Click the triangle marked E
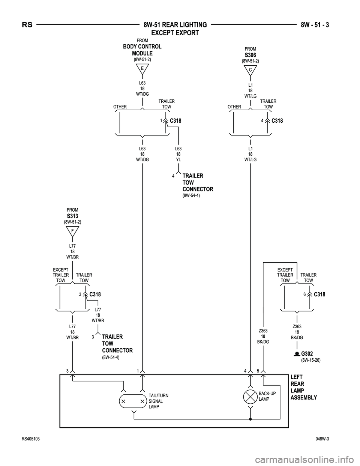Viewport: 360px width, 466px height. tap(142, 69)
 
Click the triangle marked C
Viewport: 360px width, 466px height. tap(250, 70)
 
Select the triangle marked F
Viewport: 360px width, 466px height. tap(72, 231)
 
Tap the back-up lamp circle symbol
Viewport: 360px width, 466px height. tap(250, 396)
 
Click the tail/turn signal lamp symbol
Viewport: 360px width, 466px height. tap(132, 401)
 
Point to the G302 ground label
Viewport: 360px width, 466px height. tap(307, 353)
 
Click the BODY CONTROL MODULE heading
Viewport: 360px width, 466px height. tap(142, 50)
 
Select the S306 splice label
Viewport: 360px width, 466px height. tap(250, 55)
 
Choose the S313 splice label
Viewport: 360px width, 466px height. tap(72, 216)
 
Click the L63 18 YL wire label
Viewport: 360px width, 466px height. tap(178, 154)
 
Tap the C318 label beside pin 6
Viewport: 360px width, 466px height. tap(319, 295)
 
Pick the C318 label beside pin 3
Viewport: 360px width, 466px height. tap(95, 295)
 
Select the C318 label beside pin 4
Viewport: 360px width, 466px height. tap(277, 121)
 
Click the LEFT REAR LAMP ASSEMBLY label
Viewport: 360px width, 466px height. tap(303, 387)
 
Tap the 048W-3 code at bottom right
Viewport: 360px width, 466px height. tap(325, 439)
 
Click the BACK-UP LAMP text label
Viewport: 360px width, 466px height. tap(267, 396)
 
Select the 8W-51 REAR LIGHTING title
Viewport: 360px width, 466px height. tap(175, 25)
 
